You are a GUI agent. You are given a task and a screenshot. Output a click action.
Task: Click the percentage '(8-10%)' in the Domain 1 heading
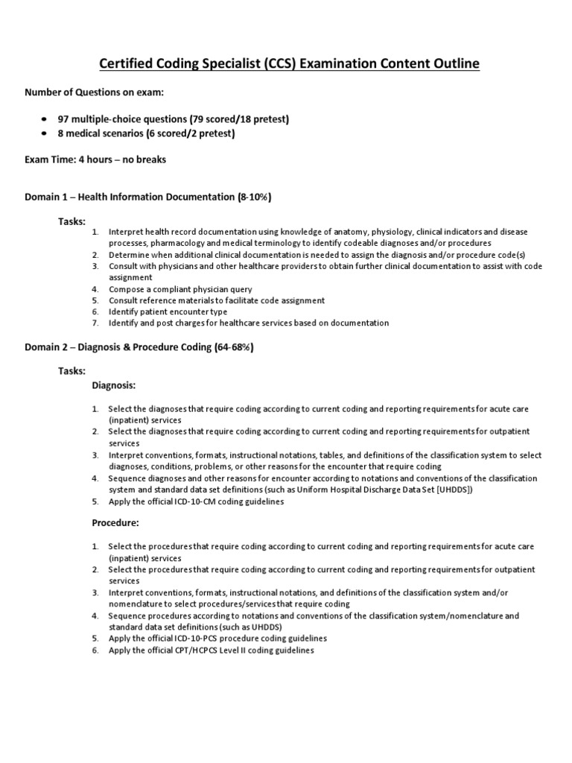[x=254, y=197]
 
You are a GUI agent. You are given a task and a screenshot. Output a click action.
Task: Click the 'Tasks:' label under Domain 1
[x=72, y=221]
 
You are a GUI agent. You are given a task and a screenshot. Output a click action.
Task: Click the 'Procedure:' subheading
[x=115, y=523]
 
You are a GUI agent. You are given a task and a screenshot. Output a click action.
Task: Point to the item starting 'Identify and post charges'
[x=249, y=323]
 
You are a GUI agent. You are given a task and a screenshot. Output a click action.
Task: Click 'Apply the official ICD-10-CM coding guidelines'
[x=196, y=501]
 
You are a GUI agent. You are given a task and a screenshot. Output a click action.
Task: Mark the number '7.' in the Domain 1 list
[x=95, y=323]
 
